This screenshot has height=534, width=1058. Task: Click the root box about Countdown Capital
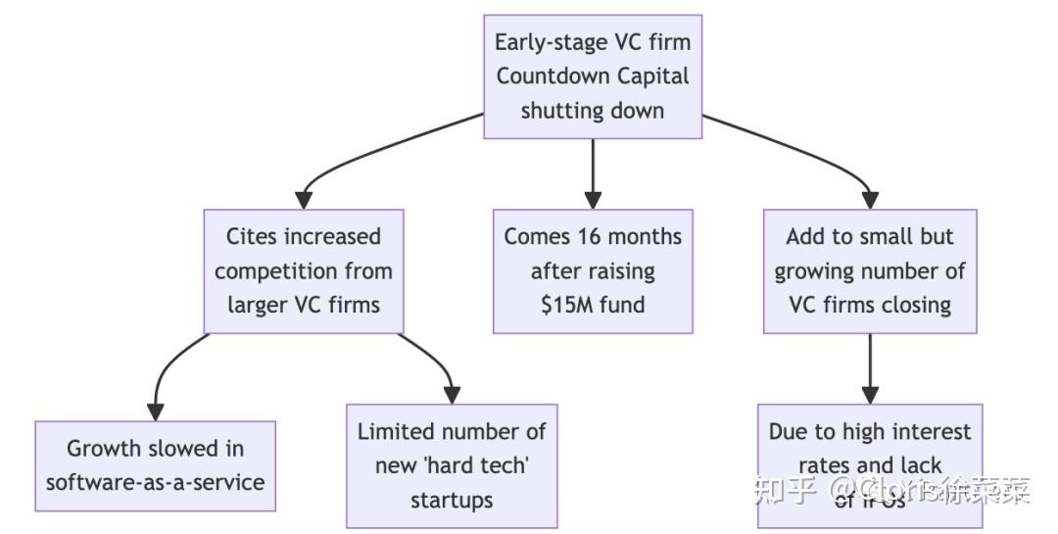593,76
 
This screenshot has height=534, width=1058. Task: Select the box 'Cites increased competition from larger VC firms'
303,270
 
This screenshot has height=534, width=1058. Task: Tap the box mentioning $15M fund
593,270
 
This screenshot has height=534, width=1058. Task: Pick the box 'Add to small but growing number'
870,270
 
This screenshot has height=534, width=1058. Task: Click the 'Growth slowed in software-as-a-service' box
155,465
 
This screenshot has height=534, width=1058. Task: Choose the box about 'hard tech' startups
452,465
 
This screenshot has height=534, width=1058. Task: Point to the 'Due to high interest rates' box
870,461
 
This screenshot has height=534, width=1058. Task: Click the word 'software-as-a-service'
155,482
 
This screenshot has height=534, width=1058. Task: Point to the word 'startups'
452,500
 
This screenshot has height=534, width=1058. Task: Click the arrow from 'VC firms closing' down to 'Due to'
870,367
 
